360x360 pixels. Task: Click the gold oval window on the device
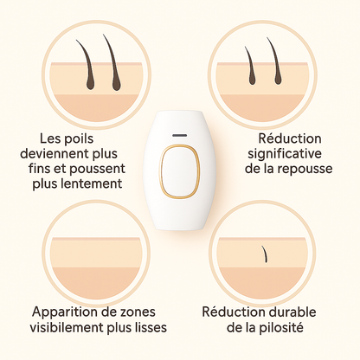pos(160,172)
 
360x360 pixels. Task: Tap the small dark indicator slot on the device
pos(179,135)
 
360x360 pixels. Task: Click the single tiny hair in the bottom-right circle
pos(265,254)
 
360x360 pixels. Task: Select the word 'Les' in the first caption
pos(50,138)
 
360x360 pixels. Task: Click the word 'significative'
pos(285,154)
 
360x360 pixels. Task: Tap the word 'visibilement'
pos(67,328)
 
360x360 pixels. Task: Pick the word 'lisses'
pos(151,328)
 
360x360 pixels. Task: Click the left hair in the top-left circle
pos(87,67)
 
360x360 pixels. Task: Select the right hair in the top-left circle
pos(113,65)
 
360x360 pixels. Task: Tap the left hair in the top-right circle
pos(250,67)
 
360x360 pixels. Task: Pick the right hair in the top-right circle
pos(275,62)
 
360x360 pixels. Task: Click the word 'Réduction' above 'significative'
pos(290,138)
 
